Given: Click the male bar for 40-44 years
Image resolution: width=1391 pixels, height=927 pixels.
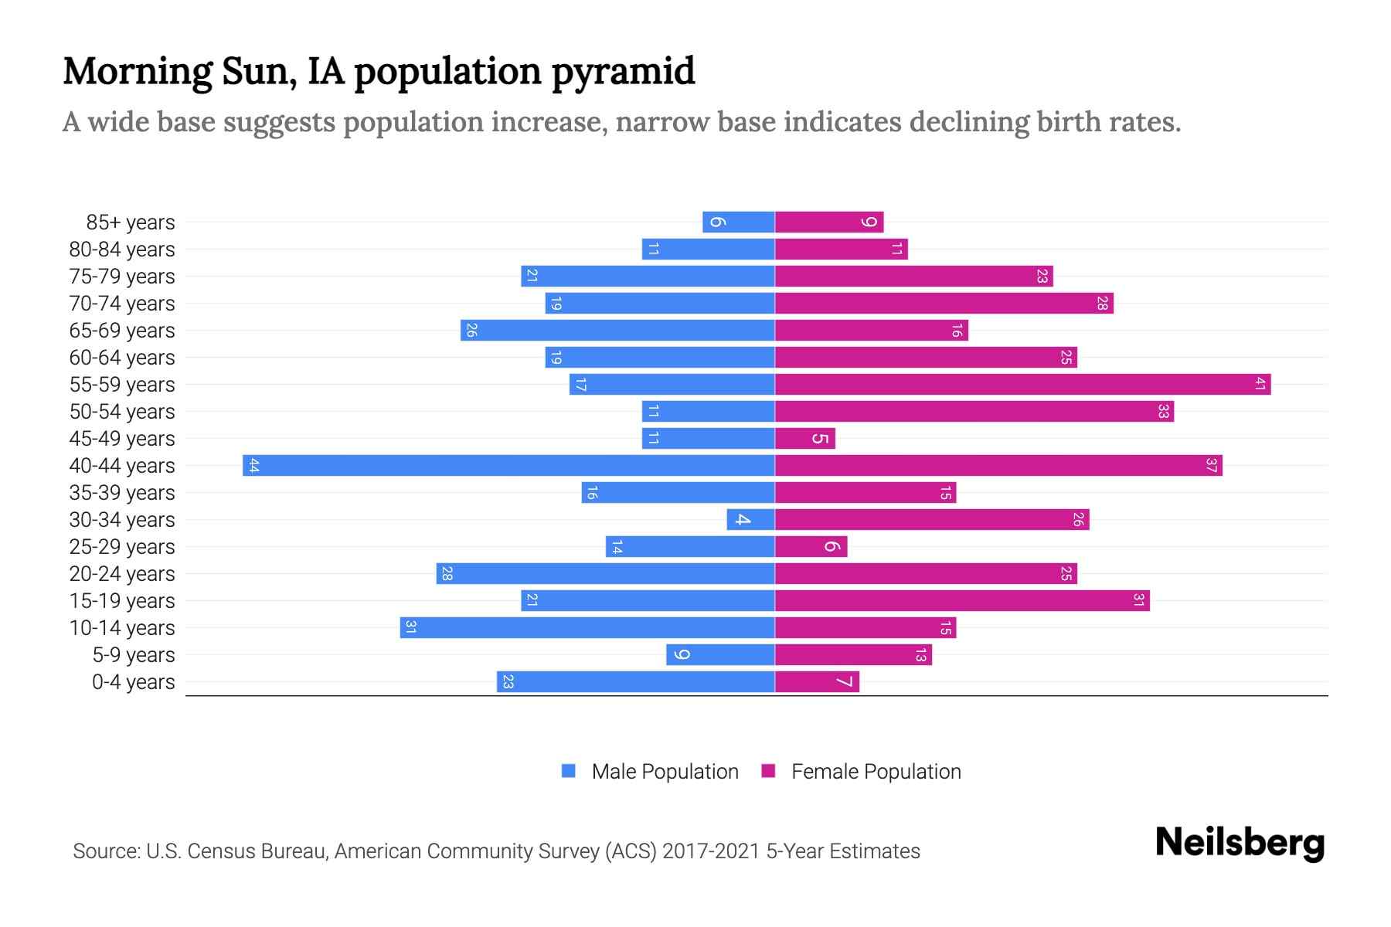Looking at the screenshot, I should click(508, 466).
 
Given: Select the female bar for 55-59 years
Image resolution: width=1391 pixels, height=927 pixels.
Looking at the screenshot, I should click(1022, 385).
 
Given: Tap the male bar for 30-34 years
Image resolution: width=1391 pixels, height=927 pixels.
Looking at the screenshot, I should click(750, 520).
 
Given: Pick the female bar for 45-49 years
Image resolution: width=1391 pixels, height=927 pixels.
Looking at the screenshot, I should click(804, 439).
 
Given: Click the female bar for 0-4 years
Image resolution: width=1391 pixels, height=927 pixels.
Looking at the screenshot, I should click(817, 682).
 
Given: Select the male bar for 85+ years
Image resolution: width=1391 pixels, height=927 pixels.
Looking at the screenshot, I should click(738, 222).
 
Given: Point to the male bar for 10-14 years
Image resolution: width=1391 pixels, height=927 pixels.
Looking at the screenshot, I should click(587, 628).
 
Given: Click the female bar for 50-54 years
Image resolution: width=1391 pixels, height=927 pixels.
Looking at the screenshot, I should click(974, 412).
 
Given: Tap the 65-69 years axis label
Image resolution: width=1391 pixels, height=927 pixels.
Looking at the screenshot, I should click(122, 331).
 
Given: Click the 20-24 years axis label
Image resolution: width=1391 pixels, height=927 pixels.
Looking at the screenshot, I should click(122, 574).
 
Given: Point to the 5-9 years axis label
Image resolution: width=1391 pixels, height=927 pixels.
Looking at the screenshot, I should click(133, 655).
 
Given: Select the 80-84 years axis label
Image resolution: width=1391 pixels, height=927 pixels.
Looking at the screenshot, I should click(122, 250).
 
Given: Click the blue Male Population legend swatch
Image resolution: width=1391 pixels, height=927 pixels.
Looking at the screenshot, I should click(569, 771).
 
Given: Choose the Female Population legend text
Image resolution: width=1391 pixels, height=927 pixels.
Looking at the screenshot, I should click(876, 772).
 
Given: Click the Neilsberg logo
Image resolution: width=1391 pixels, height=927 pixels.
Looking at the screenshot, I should click(1240, 843).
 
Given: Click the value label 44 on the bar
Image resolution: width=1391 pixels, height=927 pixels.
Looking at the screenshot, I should click(253, 466).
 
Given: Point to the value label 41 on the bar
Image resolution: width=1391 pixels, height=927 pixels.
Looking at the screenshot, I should click(1260, 385).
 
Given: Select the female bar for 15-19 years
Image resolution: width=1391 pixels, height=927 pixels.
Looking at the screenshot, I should click(962, 601).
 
